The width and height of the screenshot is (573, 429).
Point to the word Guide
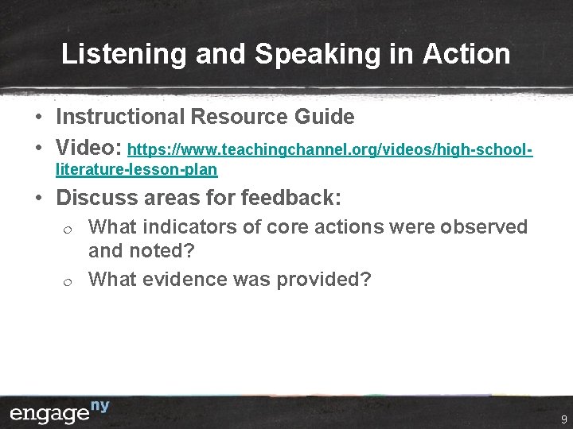(325, 117)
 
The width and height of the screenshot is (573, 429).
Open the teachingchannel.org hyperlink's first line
(329, 149)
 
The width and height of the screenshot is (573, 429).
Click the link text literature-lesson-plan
(136, 170)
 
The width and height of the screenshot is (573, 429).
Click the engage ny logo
(60, 413)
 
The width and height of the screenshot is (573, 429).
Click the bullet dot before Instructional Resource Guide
(38, 118)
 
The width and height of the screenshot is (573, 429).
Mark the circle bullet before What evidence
(68, 280)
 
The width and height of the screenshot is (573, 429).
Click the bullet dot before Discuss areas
(38, 197)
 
